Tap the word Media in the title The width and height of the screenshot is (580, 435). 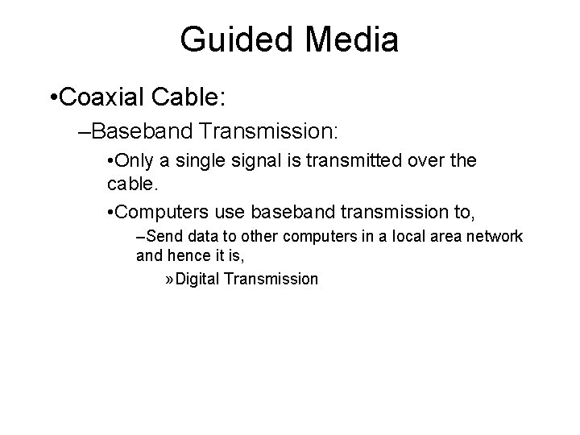[349, 39]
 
